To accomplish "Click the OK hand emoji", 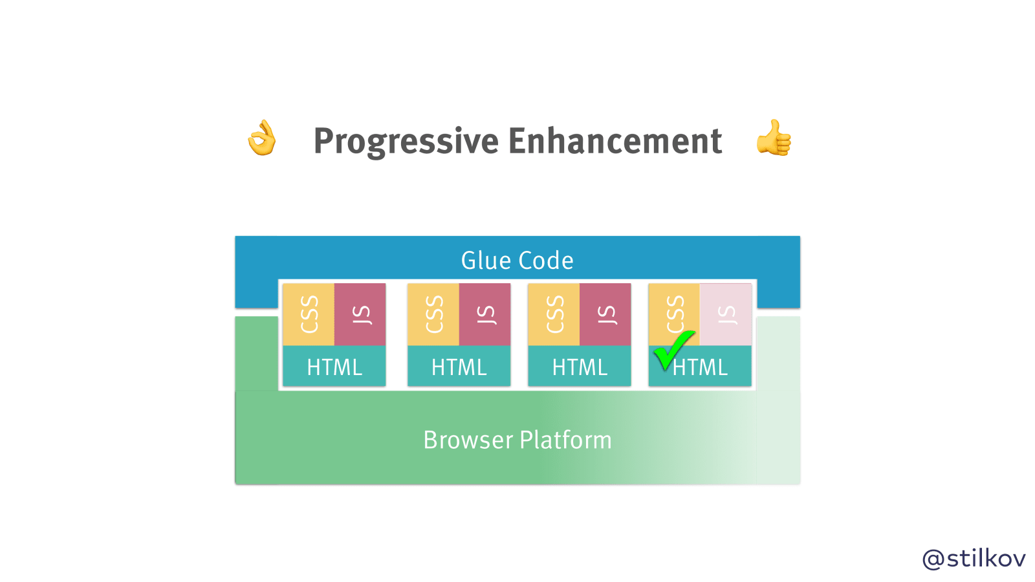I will [262, 138].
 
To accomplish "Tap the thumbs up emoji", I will [774, 138].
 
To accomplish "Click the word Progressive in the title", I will [406, 142].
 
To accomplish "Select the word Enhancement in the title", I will [615, 140].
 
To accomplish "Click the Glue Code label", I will [517, 261].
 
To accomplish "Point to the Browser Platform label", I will [517, 440].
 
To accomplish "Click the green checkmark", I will [673, 350].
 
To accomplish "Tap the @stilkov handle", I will [974, 558].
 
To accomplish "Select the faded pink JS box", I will [726, 314].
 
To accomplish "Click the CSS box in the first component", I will [309, 314].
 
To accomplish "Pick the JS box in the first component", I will [360, 314].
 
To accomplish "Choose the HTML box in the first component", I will [334, 367].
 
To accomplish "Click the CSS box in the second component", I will [433, 314].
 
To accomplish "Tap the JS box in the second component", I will [485, 314].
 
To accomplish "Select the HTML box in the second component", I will [459, 367].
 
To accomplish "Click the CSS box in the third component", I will [554, 314].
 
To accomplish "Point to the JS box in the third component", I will [605, 314].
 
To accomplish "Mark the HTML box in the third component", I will [580, 367].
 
